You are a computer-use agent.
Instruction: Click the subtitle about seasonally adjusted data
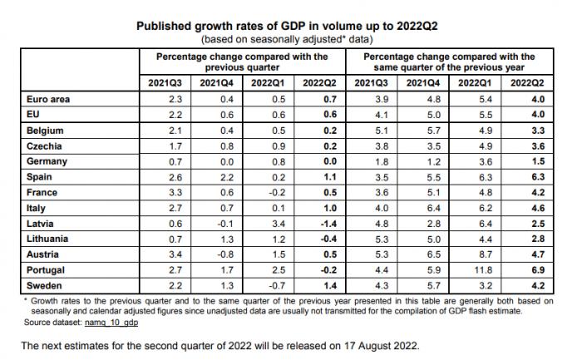click(x=290, y=39)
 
